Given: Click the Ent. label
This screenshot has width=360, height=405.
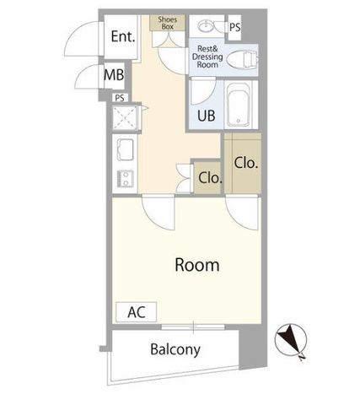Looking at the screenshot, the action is (x=123, y=36).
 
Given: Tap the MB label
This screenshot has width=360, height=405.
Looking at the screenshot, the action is (x=114, y=75).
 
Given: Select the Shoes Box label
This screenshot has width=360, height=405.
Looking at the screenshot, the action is (x=168, y=23).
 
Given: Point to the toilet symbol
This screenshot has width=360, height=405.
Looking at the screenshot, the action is (x=242, y=59).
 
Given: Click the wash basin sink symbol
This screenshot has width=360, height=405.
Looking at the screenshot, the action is (x=207, y=26).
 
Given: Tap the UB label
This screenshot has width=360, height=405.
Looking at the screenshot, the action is (x=207, y=116).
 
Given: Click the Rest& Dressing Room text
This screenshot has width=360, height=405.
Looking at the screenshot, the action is (x=207, y=57).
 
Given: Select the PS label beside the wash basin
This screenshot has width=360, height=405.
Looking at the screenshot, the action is (x=235, y=27).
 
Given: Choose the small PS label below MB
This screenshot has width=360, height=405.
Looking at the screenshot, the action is (x=120, y=98).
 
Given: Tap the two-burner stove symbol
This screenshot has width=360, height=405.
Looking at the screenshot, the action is (x=126, y=179).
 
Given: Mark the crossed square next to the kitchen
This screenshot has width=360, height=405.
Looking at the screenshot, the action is (x=125, y=117).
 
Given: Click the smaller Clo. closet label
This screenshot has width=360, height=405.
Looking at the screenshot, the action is (x=210, y=177).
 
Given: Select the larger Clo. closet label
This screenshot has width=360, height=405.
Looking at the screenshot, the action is (x=246, y=162).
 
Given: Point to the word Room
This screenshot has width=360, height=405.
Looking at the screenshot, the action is (x=197, y=265).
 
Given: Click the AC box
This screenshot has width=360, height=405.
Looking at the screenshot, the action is (x=137, y=312).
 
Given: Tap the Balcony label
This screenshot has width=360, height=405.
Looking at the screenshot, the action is (x=175, y=349).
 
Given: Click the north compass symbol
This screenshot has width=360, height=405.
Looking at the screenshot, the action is (x=291, y=340).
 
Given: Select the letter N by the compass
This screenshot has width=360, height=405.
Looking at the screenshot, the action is (x=302, y=358).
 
